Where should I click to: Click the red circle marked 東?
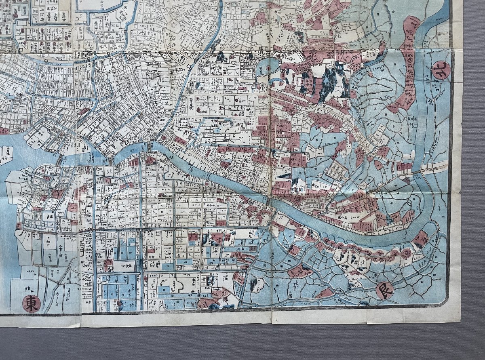[31, 303]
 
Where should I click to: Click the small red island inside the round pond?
[268, 69]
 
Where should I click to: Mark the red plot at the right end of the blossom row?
[421, 239]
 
